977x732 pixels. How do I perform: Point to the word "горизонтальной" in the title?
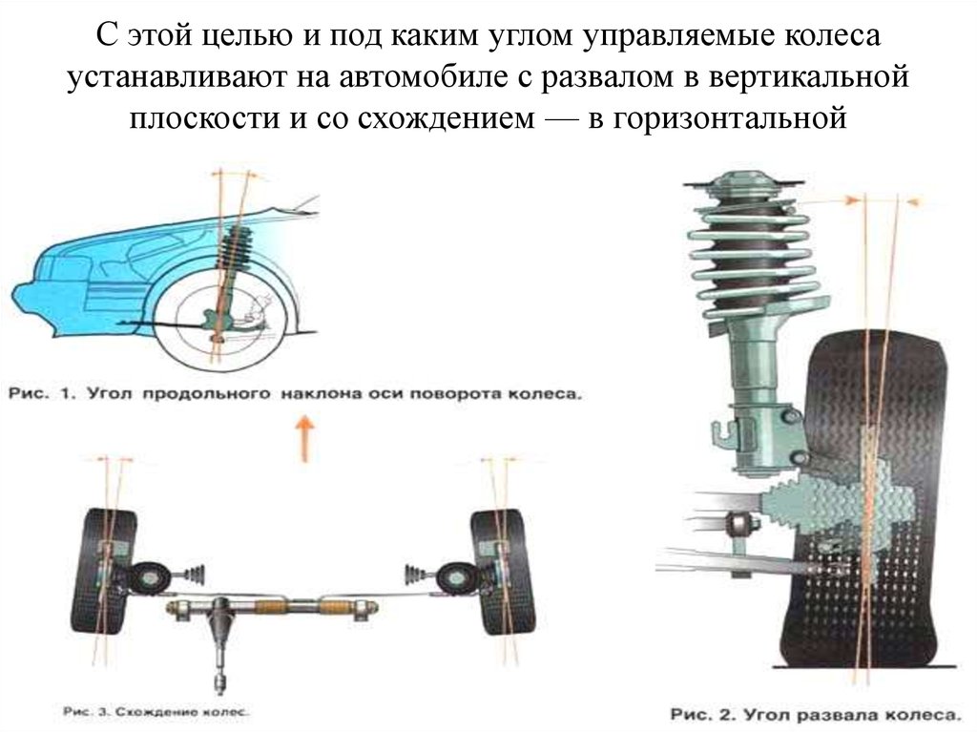tap(730, 118)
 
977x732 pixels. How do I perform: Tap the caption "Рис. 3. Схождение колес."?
tap(156, 711)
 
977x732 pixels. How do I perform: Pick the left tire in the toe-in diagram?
tap(103, 571)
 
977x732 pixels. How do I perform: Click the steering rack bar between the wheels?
tap(273, 606)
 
